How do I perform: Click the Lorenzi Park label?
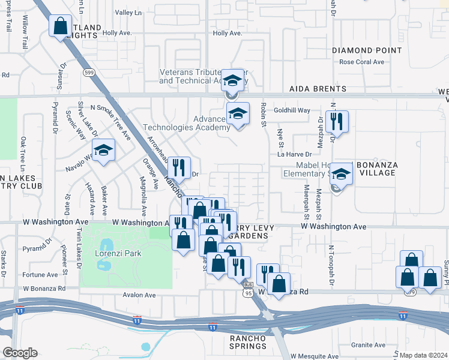pyautogui.click(x=118, y=253)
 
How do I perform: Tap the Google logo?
pyautogui.click(x=20, y=353)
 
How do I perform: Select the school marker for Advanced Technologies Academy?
pyautogui.click(x=238, y=114)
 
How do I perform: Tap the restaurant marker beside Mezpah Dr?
pyautogui.click(x=337, y=122)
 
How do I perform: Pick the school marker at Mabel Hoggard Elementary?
pyautogui.click(x=342, y=175)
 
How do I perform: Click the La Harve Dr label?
pyautogui.click(x=295, y=154)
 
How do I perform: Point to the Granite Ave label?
pyautogui.click(x=369, y=345)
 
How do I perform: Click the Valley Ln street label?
pyautogui.click(x=128, y=12)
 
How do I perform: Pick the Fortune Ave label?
pyautogui.click(x=41, y=275)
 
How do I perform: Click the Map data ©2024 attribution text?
pyautogui.click(x=423, y=355)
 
